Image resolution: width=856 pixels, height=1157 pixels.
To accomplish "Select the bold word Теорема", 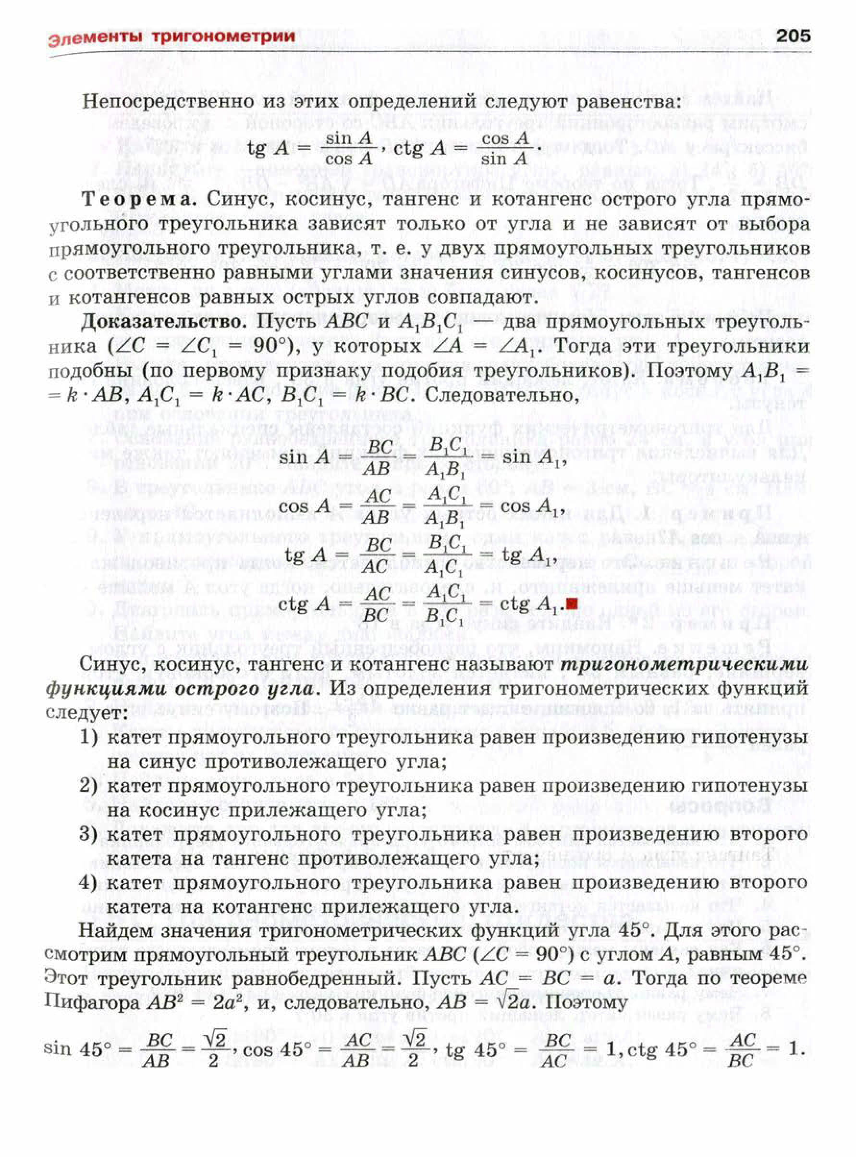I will [139, 200].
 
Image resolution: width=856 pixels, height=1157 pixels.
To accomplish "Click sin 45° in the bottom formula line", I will [78, 1049].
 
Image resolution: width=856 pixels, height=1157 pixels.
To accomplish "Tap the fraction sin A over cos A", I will [349, 148].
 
